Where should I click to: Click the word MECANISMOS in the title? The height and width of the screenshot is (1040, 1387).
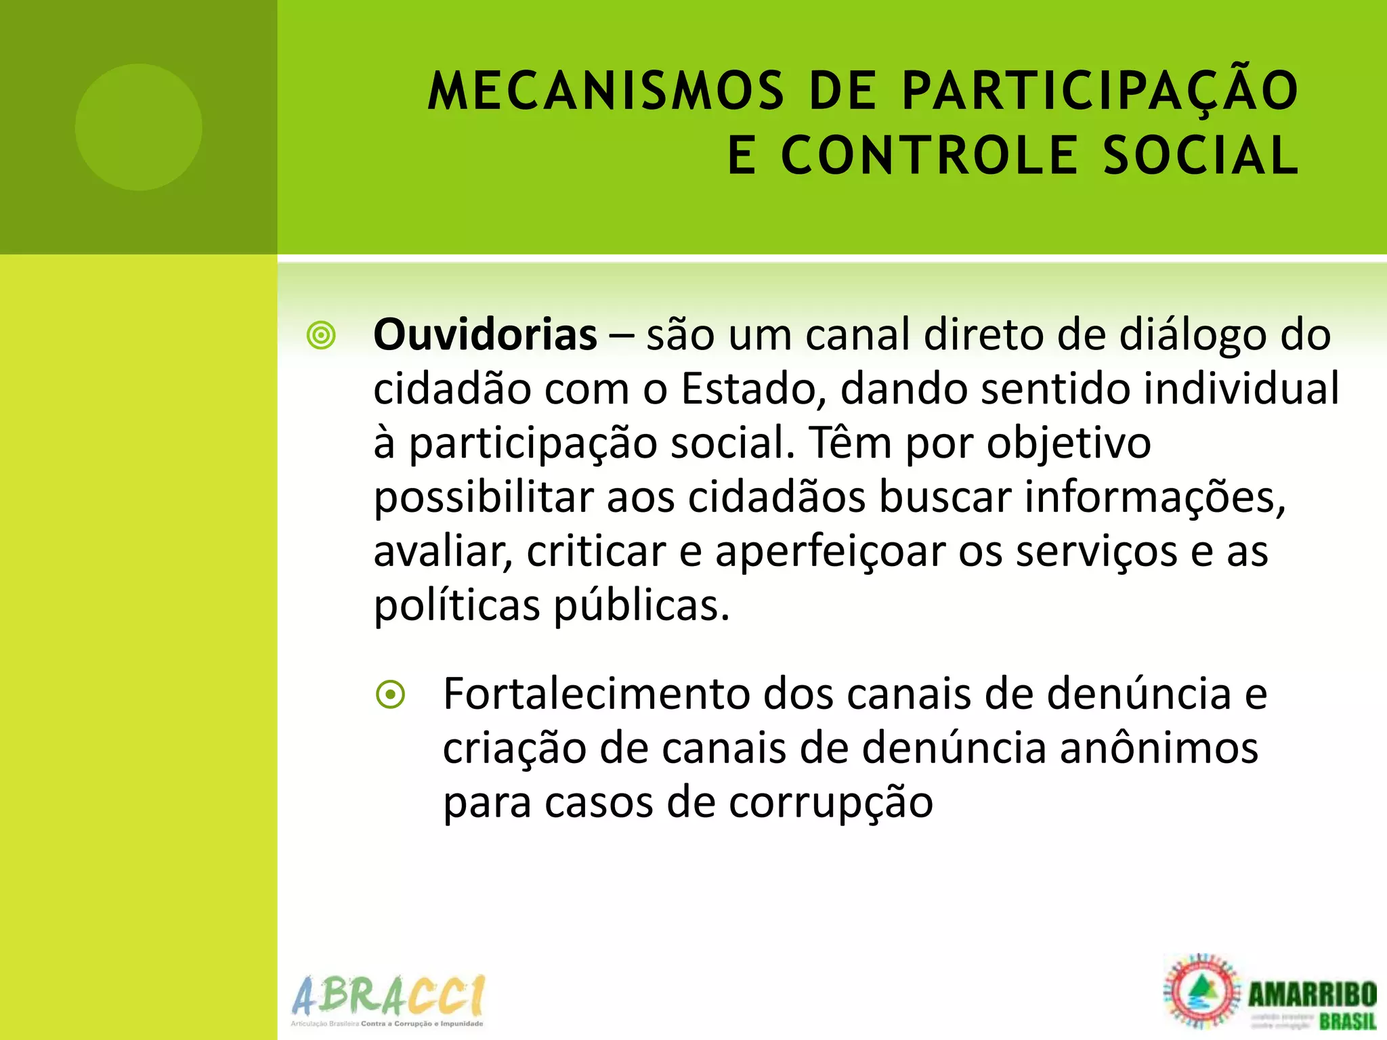pyautogui.click(x=605, y=91)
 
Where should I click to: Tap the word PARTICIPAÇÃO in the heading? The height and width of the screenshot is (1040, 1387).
pyautogui.click(x=1100, y=91)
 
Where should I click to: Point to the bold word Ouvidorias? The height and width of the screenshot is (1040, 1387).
pyautogui.click(x=485, y=334)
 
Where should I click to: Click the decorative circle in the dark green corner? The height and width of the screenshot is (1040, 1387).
pyautogui.click(x=138, y=127)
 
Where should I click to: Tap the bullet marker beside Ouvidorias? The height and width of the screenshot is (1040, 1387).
pyautogui.click(x=321, y=336)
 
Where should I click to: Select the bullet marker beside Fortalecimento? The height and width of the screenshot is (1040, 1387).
pyautogui.click(x=391, y=695)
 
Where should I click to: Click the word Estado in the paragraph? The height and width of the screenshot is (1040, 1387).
pyautogui.click(x=753, y=389)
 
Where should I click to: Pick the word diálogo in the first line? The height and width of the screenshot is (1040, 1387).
pyautogui.click(x=1192, y=336)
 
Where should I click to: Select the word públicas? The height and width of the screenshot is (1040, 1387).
pyautogui.click(x=641, y=605)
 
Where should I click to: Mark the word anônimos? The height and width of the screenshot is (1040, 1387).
pyautogui.click(x=1159, y=748)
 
